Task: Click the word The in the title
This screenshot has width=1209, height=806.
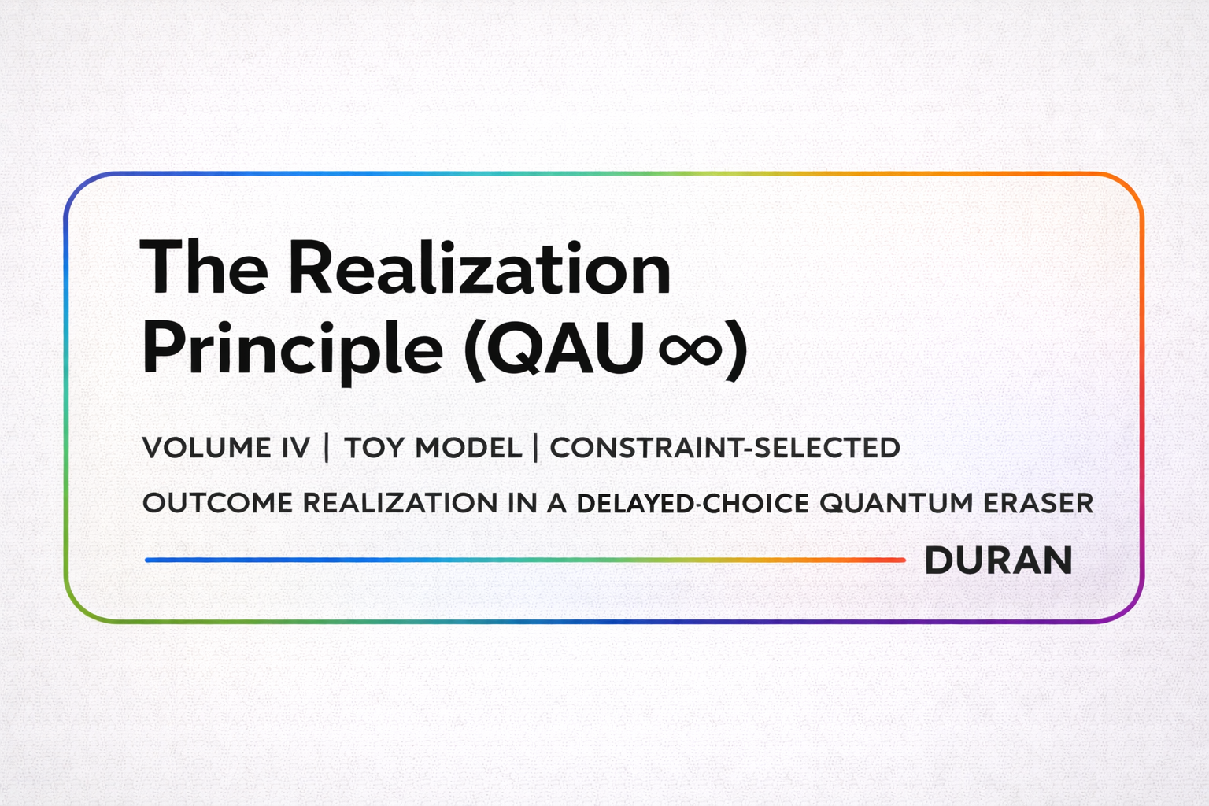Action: click(x=204, y=268)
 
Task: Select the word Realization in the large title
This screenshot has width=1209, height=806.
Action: click(x=479, y=268)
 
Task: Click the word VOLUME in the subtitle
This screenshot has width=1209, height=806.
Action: click(x=206, y=448)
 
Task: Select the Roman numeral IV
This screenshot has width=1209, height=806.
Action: click(x=295, y=448)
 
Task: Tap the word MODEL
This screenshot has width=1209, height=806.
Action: click(x=468, y=448)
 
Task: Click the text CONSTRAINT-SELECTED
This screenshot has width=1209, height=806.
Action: click(x=724, y=448)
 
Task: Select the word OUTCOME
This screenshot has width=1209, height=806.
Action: click(x=217, y=503)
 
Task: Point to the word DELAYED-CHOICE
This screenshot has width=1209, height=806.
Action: click(x=693, y=503)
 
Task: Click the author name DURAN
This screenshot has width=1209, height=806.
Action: click(x=998, y=560)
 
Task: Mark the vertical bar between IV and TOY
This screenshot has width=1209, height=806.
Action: click(x=327, y=447)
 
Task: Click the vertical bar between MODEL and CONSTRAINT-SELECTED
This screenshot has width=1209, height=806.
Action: click(x=535, y=447)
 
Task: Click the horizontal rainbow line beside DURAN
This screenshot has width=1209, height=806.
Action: click(x=524, y=560)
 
